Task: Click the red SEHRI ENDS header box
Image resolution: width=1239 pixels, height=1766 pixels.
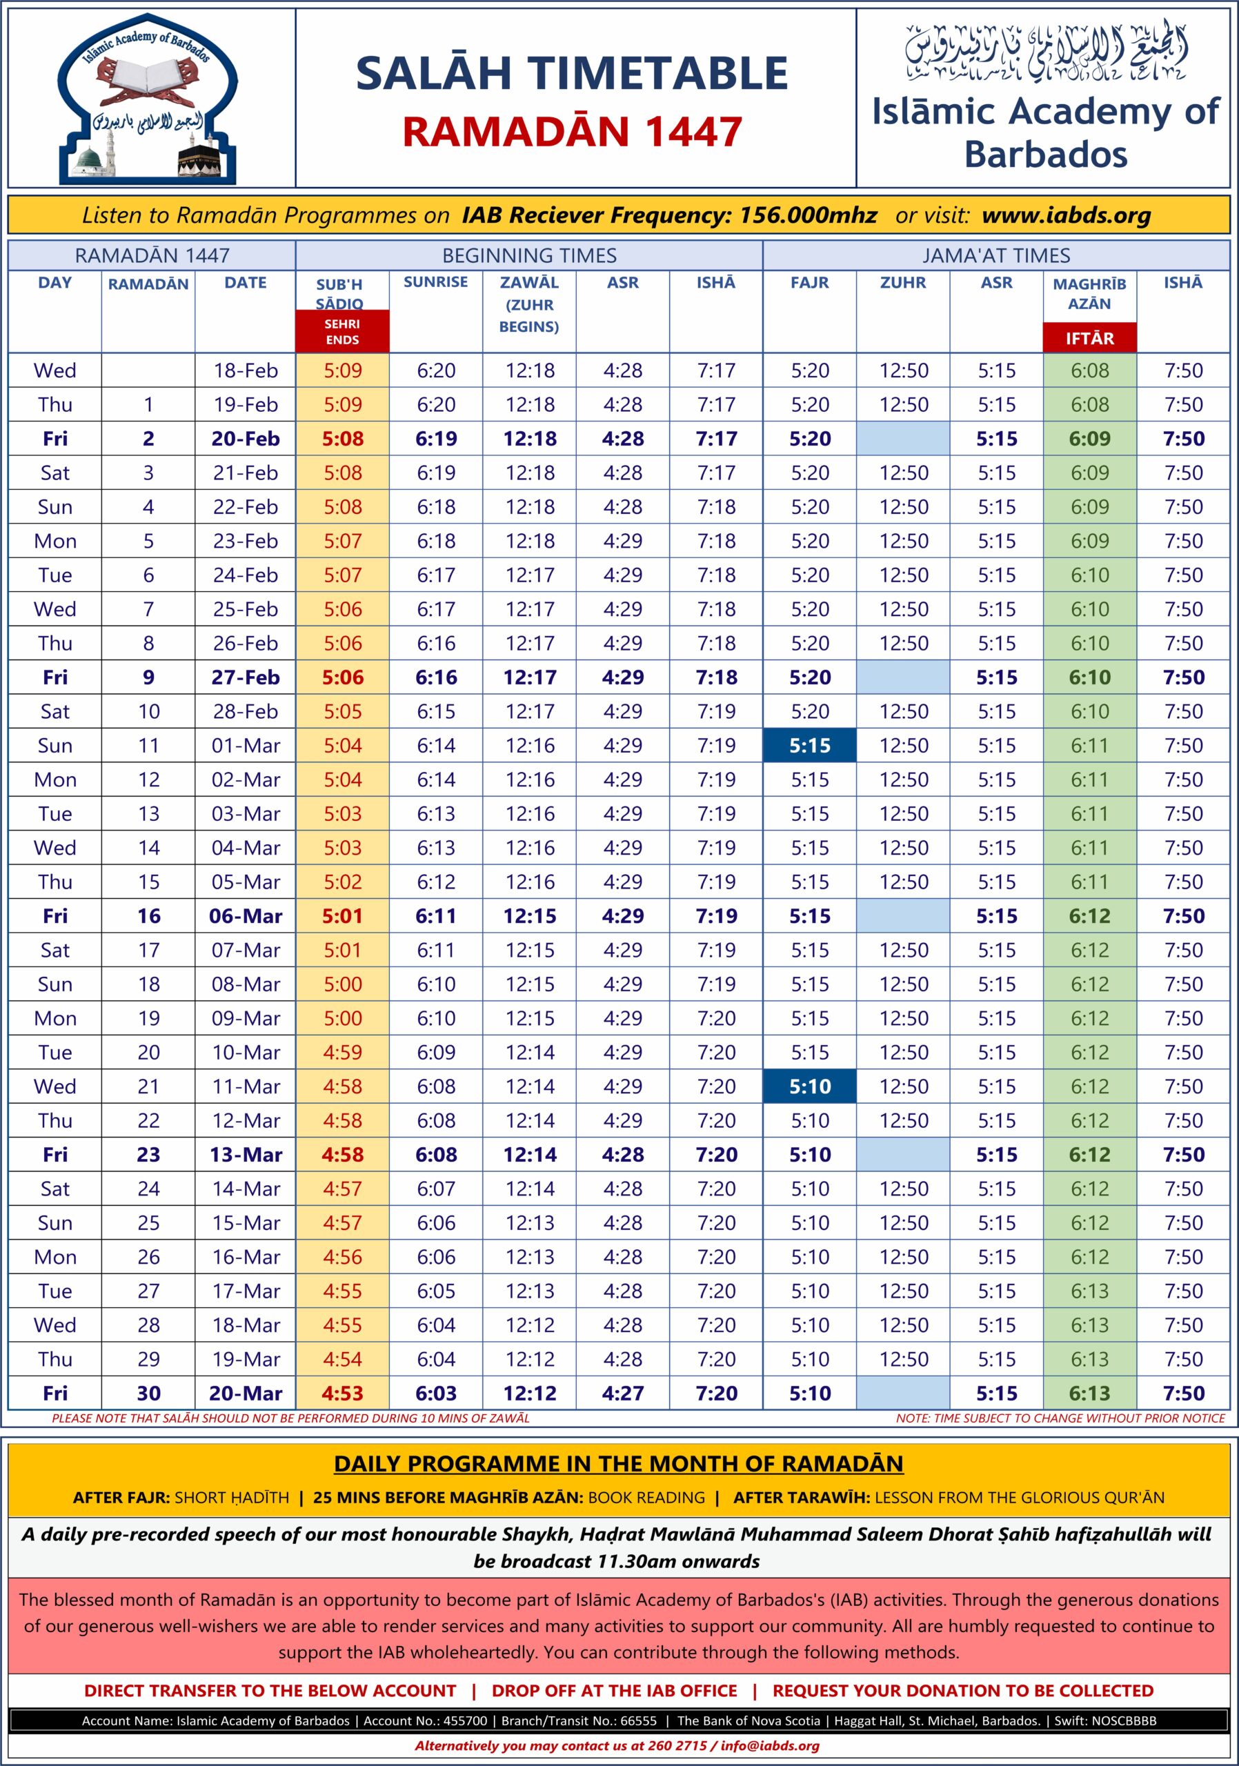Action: (x=342, y=332)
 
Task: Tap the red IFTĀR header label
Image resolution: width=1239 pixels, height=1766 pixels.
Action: (x=1089, y=337)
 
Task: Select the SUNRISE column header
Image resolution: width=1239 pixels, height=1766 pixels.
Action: (x=435, y=282)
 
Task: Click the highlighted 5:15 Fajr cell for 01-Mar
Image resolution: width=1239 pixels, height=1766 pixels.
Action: (x=809, y=745)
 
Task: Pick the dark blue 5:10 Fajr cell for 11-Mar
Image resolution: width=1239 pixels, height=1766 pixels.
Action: (x=809, y=1086)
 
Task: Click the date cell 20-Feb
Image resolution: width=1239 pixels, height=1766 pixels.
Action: (x=246, y=439)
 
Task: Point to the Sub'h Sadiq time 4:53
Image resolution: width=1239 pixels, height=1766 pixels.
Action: (x=342, y=1393)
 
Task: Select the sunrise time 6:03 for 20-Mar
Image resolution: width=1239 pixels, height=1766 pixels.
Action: (x=435, y=1393)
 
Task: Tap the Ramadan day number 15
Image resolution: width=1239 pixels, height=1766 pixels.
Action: (x=148, y=882)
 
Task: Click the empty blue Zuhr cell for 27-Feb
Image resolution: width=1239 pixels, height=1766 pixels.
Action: (x=903, y=677)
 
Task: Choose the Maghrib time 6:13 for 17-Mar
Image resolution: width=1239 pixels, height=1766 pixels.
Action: (x=1089, y=1291)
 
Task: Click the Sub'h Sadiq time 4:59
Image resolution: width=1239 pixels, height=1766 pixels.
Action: (x=342, y=1052)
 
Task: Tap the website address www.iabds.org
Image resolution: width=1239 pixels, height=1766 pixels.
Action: (x=1066, y=215)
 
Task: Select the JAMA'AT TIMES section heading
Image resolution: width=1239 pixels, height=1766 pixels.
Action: (x=996, y=255)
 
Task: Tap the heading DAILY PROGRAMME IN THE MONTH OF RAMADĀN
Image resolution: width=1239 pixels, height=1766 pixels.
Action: (x=618, y=1463)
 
